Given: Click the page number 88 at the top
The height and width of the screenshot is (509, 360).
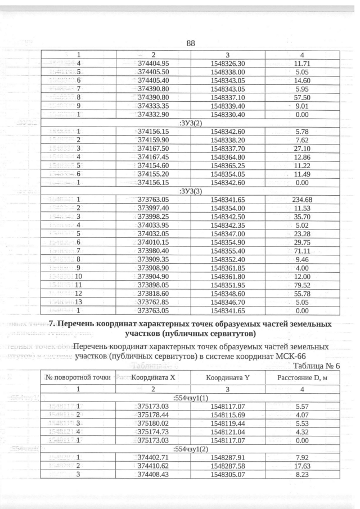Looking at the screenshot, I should tap(190, 43).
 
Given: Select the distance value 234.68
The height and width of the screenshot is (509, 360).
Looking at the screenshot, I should tap(302, 199).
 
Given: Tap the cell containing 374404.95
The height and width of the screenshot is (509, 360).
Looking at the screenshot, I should tap(154, 64).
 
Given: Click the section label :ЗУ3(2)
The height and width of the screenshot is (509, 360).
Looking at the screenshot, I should tap(190, 122).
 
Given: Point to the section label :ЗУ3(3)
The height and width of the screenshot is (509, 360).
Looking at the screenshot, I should tap(190, 191).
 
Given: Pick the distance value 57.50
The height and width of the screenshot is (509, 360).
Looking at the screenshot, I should tap(302, 97).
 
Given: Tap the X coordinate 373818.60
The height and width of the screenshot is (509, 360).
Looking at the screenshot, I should tap(154, 293).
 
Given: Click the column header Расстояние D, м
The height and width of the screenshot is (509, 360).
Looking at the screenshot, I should tap(302, 377).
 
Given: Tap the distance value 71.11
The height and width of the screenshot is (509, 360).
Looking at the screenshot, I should tap(302, 250).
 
